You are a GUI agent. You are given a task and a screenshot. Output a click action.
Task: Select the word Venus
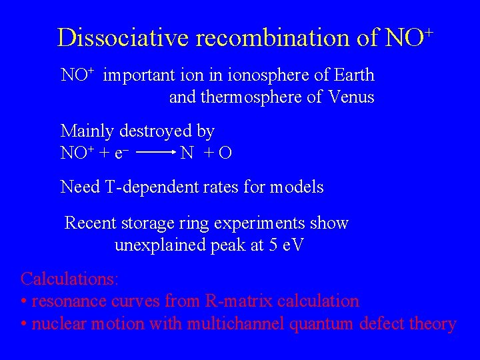(x=351, y=97)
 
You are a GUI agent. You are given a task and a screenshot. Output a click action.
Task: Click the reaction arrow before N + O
(x=156, y=153)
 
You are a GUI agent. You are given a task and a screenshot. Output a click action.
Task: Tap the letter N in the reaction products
(x=187, y=153)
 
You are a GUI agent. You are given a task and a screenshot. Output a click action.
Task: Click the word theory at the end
(x=433, y=325)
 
